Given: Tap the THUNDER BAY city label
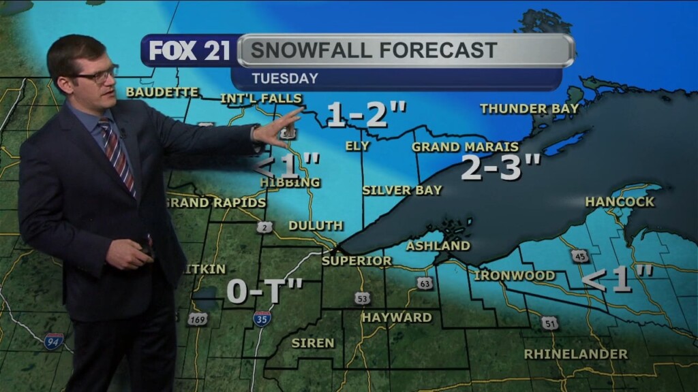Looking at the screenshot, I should (529, 108).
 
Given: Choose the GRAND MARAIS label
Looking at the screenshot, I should (465, 147).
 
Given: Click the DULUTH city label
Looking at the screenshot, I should (316, 225).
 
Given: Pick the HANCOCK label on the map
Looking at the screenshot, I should (620, 201).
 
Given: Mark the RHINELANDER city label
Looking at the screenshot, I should (575, 354).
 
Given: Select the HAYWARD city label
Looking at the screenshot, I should (396, 317).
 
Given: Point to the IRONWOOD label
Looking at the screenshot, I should (514, 276).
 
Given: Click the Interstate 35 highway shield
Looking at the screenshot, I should (262, 318).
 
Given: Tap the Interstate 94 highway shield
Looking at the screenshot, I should (54, 342).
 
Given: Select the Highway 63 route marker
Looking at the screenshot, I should (425, 282).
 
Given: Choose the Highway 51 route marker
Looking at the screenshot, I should (550, 323).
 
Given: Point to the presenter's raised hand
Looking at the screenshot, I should (282, 129).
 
